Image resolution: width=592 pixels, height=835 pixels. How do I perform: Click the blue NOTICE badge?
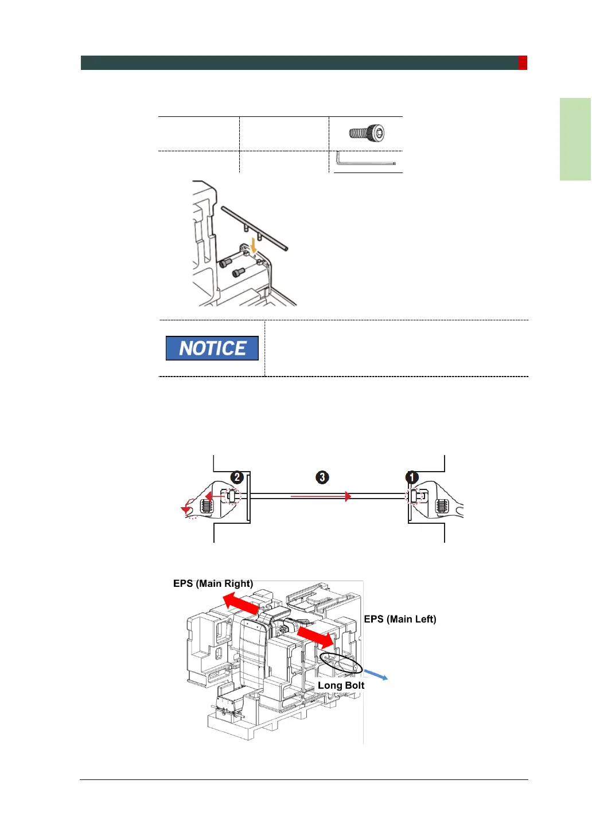pos(212,348)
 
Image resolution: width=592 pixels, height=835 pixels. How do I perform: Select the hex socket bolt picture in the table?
pos(367,134)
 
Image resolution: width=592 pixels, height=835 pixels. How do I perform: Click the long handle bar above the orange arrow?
pos(254,229)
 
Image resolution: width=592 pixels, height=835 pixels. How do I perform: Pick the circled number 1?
pos(412,477)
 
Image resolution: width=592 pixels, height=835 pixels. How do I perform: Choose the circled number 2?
pos(237,477)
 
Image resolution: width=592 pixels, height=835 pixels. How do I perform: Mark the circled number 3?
pos(322,477)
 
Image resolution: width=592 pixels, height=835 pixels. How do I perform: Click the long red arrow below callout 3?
pos(321,496)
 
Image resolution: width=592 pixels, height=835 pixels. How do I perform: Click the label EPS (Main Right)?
pos(213,583)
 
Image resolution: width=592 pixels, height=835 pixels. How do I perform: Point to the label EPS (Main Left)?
pos(400,619)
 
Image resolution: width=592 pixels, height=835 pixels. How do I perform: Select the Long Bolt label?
pos(341,685)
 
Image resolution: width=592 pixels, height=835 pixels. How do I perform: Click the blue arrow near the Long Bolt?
pos(376,675)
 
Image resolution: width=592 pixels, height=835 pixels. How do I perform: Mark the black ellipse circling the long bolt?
pos(341,664)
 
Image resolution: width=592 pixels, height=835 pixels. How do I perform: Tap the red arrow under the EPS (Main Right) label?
pos(241,603)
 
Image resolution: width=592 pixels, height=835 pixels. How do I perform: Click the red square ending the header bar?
pos(523,63)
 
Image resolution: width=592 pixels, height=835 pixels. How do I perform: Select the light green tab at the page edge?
pos(575,139)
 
